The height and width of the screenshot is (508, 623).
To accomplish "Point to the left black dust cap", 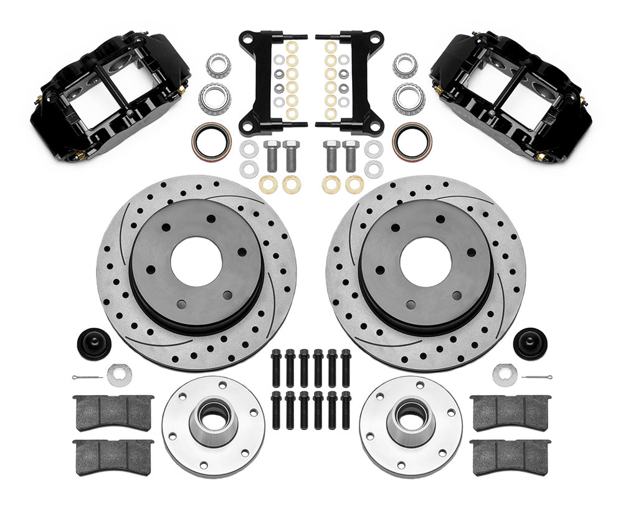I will click(93, 342).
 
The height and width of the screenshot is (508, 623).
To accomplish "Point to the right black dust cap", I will click(530, 342).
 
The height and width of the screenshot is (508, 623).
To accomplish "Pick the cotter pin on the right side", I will click(536, 378).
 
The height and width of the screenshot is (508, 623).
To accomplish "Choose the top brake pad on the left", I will click(113, 411).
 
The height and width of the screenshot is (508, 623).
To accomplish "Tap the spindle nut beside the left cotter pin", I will click(119, 373).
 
